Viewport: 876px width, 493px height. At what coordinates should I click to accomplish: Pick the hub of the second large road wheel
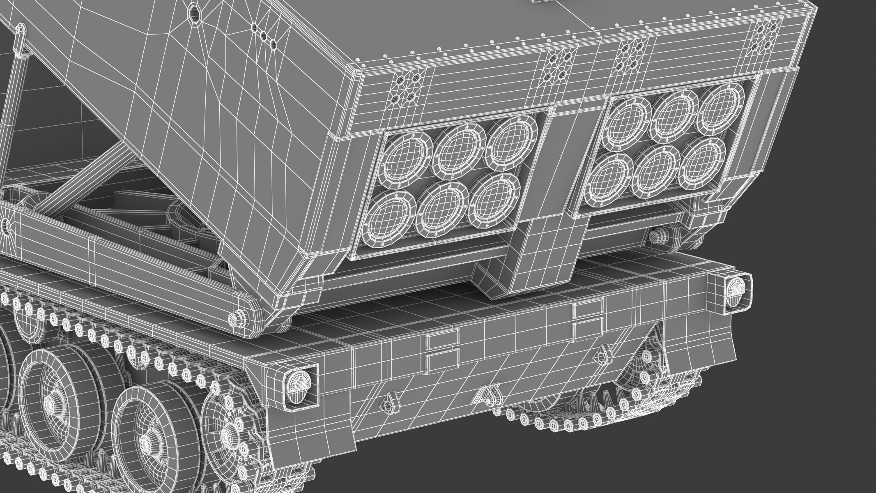pyautogui.click(x=145, y=445)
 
